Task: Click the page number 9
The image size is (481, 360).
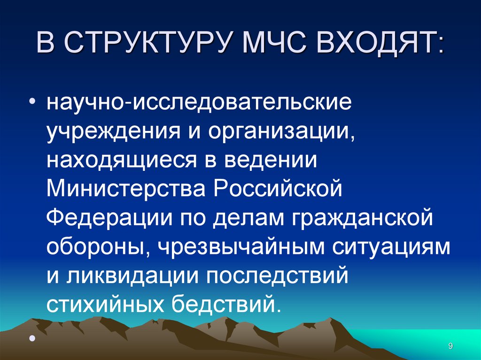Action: (x=450, y=346)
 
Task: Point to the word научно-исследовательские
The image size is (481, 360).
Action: (x=198, y=102)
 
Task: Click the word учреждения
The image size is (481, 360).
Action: (x=111, y=131)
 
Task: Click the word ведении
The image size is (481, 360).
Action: (x=272, y=160)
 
